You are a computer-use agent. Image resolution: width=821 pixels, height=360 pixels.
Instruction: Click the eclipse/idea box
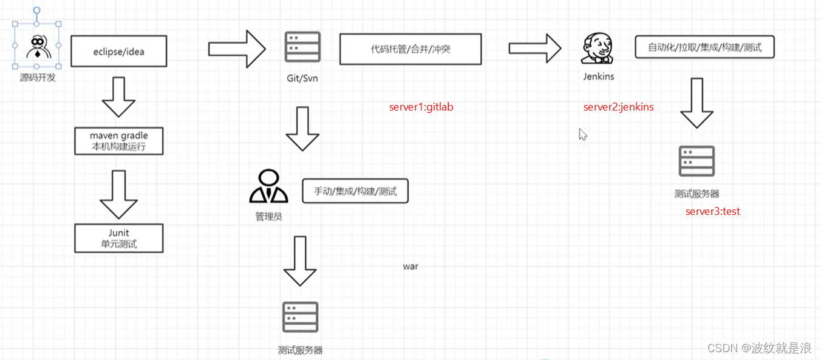coord(119,51)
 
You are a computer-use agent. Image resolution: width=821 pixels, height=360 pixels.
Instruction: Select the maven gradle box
coord(119,140)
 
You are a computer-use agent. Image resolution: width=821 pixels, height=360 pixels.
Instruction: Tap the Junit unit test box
coord(119,238)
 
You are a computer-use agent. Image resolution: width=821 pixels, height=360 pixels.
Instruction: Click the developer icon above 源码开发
coord(37,47)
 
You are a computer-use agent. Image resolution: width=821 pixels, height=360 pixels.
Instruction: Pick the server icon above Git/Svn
coord(302,47)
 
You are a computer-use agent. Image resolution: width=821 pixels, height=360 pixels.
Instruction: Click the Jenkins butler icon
coord(598,49)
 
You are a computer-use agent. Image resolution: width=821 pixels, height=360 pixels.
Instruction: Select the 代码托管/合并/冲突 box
coord(410,49)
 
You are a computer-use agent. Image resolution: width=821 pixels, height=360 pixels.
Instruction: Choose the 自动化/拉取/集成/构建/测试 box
coord(704,47)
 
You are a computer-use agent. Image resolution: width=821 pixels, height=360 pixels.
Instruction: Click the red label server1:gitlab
coord(421,107)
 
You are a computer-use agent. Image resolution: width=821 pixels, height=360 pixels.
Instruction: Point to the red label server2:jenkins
coord(618,107)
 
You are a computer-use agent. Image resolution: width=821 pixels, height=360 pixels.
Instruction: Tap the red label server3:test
coord(713,211)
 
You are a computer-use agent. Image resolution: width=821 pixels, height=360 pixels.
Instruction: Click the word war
coord(410,267)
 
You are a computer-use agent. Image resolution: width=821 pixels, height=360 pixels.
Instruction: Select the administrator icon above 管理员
coord(268,186)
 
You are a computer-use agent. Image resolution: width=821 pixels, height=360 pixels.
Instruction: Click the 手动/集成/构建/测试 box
coord(355,191)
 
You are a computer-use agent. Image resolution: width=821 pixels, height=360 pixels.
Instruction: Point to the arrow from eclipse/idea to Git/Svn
coord(237,48)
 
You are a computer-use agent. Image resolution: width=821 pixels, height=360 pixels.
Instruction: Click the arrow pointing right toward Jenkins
coord(535,48)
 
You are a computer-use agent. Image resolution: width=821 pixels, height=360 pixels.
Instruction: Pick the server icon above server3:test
coord(697,161)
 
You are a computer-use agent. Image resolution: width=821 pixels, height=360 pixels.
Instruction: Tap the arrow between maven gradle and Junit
coord(119,194)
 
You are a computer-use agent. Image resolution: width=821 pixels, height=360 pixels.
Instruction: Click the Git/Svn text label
coord(302,78)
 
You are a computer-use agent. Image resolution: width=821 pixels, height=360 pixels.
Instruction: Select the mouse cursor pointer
coord(582,134)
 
